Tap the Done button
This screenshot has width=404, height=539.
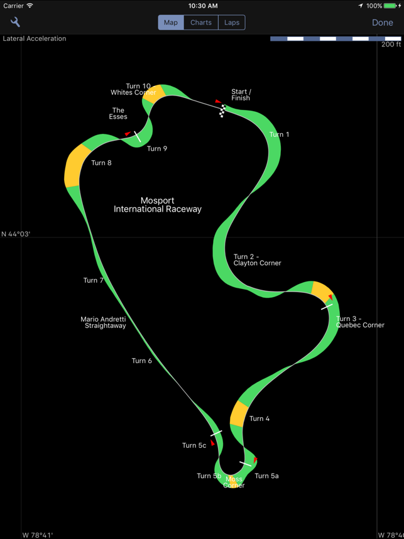point(382,23)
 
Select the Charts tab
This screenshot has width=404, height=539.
point(201,23)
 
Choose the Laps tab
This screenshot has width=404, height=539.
point(232,23)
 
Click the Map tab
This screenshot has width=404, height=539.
point(171,23)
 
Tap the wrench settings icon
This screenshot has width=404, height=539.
point(15,23)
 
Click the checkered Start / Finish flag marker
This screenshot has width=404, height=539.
point(222,111)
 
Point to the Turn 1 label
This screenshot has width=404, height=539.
point(279,134)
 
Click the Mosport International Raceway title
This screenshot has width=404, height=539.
point(158,205)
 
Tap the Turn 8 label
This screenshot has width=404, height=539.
point(101,163)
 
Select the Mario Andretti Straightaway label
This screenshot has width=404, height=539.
point(103,322)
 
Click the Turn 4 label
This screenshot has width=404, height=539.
point(259,418)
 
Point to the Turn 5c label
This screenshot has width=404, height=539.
point(194,445)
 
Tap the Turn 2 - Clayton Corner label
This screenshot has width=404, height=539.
point(257,260)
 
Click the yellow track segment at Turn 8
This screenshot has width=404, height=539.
point(74,166)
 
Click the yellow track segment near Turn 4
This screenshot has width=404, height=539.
point(239,414)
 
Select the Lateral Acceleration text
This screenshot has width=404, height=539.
point(35,39)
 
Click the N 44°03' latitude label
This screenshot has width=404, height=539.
point(16,234)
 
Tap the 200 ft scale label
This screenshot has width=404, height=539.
point(391,45)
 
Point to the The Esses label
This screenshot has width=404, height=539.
point(118,114)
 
